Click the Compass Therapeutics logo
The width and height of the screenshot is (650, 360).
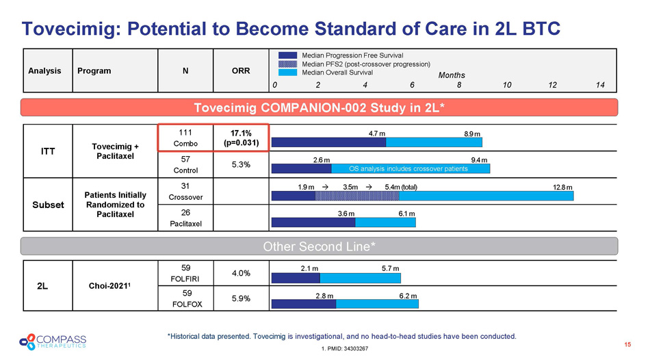coord(53,340)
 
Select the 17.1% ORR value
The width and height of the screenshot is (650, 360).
coord(241,131)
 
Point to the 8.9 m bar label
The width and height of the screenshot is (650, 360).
coord(472,133)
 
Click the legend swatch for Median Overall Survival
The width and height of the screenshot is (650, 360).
coord(288,73)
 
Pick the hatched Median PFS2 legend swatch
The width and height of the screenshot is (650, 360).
coord(288,64)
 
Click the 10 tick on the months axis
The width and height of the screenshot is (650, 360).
coord(506,86)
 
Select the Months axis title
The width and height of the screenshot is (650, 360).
coord(452,75)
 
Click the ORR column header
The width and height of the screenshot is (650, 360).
coord(240,70)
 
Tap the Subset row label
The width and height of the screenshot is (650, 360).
coord(49,205)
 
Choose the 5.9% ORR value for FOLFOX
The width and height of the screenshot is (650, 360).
coord(240,298)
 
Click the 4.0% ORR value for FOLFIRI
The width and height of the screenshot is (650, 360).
coord(240,272)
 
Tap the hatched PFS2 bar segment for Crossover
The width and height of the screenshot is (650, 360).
coord(356,195)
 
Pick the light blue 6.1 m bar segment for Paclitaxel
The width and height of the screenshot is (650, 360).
coord(385,222)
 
